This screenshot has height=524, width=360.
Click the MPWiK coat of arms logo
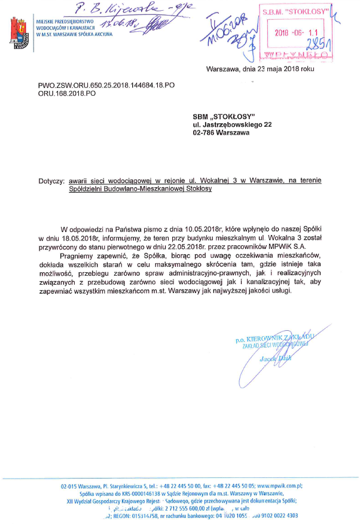click(x=20, y=33)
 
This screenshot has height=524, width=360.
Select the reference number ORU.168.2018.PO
click(x=67, y=94)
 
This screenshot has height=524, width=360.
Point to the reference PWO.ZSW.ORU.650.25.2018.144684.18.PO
click(x=106, y=86)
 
